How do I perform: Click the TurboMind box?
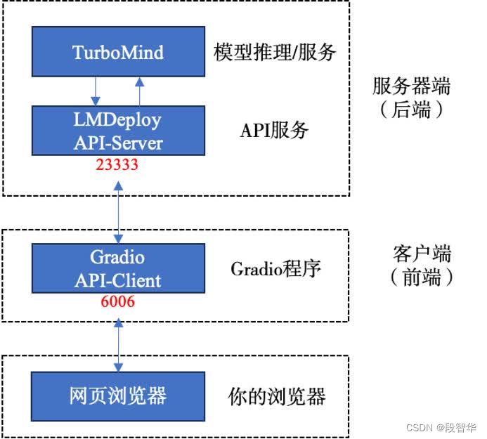(118, 52)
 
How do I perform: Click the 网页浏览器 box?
(118, 395)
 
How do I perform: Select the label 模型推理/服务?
(275, 53)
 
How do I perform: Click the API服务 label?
(274, 130)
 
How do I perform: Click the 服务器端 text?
(411, 87)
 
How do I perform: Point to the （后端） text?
(411, 110)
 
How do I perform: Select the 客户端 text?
(422, 254)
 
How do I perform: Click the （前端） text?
(422, 277)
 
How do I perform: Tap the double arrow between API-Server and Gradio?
(118, 209)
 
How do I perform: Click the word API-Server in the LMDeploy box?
(118, 143)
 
